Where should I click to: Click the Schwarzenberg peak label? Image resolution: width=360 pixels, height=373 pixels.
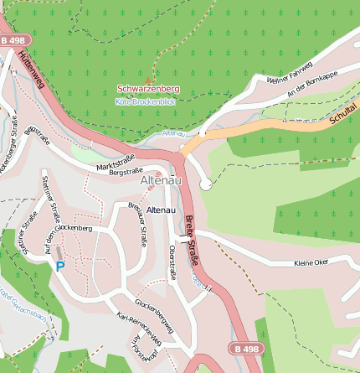click(148, 89)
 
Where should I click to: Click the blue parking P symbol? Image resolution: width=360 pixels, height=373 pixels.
click(59, 266)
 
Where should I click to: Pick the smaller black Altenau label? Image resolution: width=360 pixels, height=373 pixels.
click(160, 209)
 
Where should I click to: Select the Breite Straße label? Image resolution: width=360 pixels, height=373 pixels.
click(192, 241)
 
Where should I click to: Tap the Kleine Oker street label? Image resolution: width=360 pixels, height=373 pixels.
click(311, 263)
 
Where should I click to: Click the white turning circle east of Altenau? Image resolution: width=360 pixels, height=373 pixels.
click(206, 184)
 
